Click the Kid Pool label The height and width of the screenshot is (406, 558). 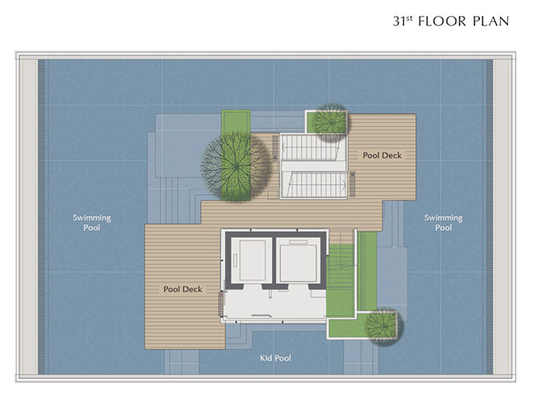(275, 358)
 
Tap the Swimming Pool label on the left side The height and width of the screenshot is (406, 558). (92, 223)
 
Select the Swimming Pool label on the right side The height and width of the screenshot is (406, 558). (443, 223)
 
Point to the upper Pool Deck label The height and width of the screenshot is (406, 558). (382, 156)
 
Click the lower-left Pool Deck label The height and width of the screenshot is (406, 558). (183, 289)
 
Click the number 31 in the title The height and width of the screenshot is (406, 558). (399, 21)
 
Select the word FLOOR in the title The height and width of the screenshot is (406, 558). (442, 21)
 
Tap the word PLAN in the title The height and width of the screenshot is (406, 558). (491, 21)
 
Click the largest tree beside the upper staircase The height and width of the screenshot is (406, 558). (236, 166)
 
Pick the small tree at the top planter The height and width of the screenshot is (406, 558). (331, 122)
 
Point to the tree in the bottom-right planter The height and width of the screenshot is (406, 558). (383, 326)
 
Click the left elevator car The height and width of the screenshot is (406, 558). (252, 260)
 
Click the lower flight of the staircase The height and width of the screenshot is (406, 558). (314, 184)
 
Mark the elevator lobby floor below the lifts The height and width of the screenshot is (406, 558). (274, 302)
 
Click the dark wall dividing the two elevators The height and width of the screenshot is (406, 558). (274, 260)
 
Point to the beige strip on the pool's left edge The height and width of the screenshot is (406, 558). (28, 217)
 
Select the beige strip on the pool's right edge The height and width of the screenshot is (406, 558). (502, 217)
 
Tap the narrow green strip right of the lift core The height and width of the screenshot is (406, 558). (367, 271)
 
